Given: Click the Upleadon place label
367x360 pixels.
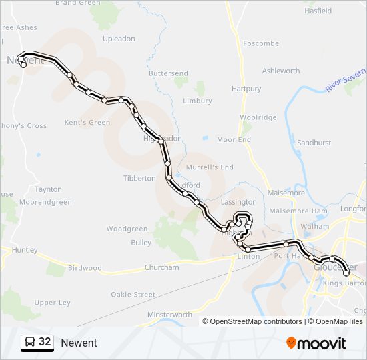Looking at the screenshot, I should click(119, 39).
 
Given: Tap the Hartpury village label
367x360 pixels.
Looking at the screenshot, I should click(246, 89).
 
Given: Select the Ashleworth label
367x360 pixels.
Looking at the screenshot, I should click(281, 71).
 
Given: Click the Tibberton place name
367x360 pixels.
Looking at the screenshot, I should click(139, 179).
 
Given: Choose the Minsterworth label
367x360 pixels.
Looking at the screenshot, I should click(169, 315).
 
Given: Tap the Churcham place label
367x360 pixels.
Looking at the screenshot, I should click(161, 267).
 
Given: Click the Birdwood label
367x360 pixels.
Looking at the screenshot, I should click(85, 268).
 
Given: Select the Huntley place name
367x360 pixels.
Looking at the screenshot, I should click(25, 250).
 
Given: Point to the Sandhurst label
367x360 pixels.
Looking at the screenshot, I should click(314, 143).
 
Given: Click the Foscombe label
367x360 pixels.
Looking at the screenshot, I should click(261, 43).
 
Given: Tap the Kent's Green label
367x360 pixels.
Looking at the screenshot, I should click(87, 123).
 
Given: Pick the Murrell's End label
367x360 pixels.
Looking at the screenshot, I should click(210, 167).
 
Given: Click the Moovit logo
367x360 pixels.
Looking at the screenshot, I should click(316, 343).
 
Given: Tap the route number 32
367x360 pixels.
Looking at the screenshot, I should click(45, 342).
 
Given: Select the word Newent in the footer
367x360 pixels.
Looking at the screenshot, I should click(79, 343).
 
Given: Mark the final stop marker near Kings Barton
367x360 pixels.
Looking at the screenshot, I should click(346, 273).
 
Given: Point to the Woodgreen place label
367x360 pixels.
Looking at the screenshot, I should click(127, 229).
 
